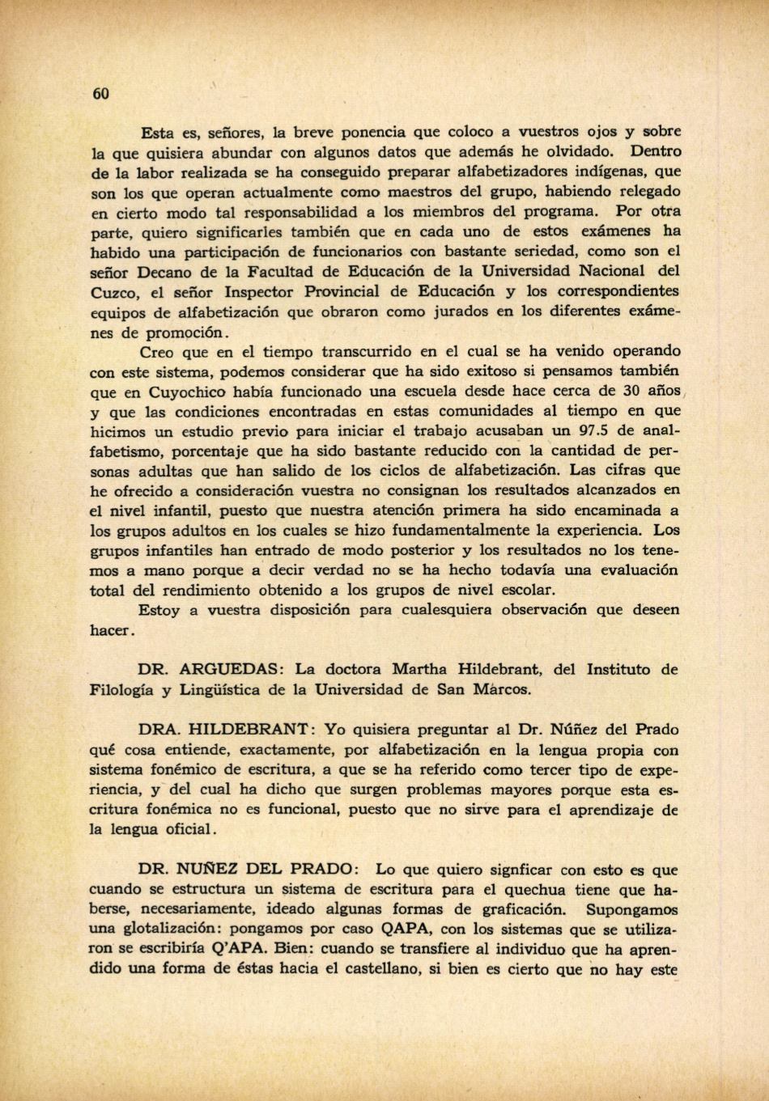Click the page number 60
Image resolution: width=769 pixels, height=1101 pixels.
point(100,93)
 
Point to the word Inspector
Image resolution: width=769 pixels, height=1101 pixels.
point(261,291)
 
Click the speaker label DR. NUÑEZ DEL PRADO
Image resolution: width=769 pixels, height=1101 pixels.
point(246,870)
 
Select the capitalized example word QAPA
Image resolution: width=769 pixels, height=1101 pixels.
point(403,929)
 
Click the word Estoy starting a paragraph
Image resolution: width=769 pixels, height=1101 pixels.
point(159,611)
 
